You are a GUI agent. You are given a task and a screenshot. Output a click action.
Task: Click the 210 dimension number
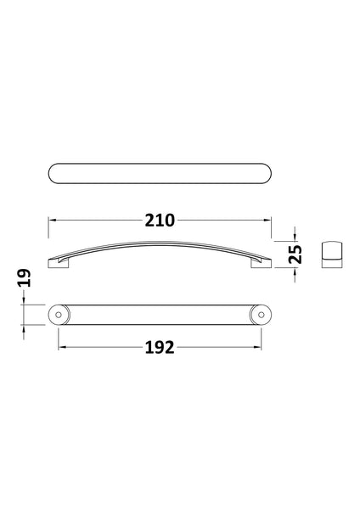pyautogui.click(x=160, y=220)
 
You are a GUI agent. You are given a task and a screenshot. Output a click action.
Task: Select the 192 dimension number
pyautogui.click(x=159, y=348)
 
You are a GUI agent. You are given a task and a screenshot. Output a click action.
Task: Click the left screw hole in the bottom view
pyautogui.click(x=59, y=315)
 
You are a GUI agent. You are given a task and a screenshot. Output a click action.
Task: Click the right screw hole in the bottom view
pyautogui.click(x=260, y=315)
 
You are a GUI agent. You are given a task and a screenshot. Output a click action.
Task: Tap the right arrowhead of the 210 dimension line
pyautogui.click(x=267, y=220)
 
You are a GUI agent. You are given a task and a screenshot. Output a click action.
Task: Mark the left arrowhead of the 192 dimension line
pyautogui.click(x=61, y=348)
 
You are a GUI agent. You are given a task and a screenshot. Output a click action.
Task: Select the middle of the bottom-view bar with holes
pyautogui.click(x=160, y=315)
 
